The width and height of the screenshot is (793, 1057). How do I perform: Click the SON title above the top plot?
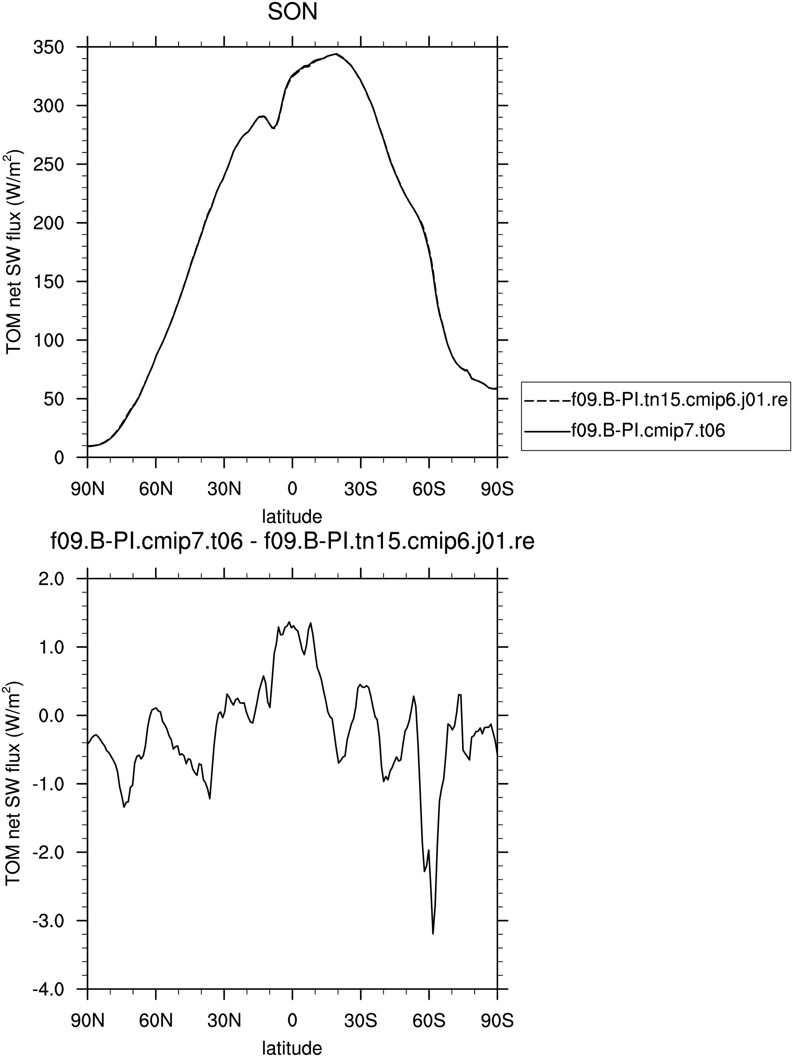pos(292,12)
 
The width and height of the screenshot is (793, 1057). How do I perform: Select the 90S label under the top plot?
pos(497,489)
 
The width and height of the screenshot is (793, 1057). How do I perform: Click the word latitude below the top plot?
pos(292,516)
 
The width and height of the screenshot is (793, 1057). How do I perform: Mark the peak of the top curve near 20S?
pos(336,54)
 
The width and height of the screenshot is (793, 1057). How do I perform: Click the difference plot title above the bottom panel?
pos(292,542)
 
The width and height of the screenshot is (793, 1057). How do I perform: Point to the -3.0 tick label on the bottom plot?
pos(48,921)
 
